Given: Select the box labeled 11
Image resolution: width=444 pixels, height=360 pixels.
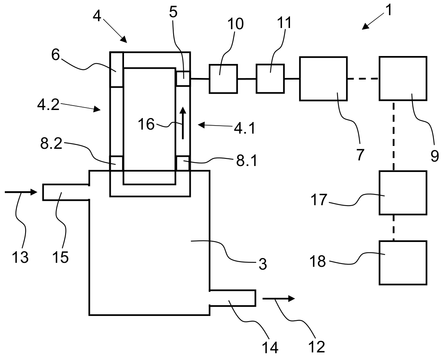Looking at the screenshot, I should click(270, 78).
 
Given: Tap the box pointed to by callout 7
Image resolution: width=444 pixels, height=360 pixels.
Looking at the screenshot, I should click(323, 78).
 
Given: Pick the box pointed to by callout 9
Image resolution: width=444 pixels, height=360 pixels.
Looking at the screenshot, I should click(403, 78).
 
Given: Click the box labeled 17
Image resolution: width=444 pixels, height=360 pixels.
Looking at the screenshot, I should click(403, 193).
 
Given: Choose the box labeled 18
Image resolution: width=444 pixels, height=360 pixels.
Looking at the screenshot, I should click(403, 262).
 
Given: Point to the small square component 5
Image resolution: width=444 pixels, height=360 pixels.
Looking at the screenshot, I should click(183, 78).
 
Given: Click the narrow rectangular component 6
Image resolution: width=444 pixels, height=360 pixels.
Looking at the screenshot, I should click(116, 70).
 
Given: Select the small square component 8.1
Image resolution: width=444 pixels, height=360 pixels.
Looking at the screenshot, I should click(182, 163).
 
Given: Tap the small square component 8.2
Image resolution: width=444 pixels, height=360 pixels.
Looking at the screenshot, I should click(117, 163).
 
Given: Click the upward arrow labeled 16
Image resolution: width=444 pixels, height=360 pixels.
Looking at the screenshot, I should click(183, 123).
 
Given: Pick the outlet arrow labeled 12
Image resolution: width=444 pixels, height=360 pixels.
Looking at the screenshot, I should click(279, 298).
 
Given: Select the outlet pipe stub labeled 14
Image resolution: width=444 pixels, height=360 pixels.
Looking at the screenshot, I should click(232, 298).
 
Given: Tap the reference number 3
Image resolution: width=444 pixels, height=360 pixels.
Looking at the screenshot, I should click(262, 264).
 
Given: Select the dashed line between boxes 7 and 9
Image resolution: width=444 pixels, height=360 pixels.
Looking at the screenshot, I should click(363, 79).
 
